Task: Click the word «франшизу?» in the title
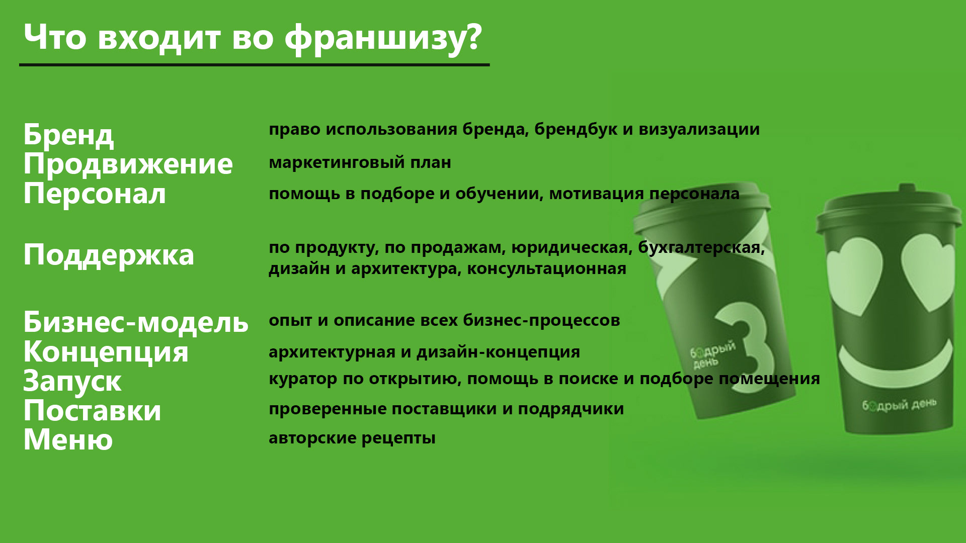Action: pos(383,38)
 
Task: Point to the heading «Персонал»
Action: pos(95,194)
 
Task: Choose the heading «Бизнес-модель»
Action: pos(136,322)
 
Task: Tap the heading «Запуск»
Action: pos(72,382)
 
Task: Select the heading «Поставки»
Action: pos(93,410)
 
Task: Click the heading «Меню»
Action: pos(68,439)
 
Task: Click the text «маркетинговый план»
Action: pos(360,163)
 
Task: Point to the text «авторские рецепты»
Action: pos(352,438)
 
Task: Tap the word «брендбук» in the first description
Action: pos(576,129)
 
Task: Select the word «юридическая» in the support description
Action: pos(572,248)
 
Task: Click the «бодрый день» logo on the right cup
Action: pos(899,405)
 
